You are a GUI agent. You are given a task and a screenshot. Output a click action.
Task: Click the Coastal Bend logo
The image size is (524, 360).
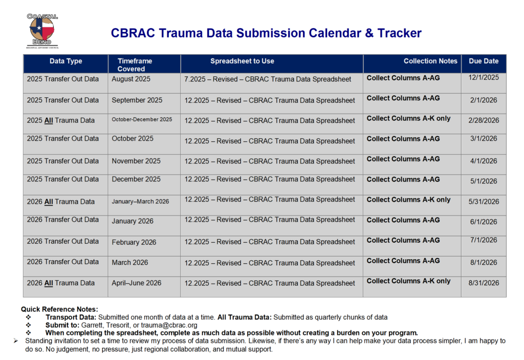42,31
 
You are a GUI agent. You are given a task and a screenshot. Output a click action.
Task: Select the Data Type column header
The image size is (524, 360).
65,61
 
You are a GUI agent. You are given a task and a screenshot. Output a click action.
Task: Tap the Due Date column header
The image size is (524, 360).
483,61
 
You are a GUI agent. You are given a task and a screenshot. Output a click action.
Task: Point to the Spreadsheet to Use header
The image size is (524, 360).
242,61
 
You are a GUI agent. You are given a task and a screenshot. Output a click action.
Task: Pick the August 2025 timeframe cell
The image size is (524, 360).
131,79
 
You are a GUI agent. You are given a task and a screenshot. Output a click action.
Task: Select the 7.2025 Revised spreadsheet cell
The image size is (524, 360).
268,79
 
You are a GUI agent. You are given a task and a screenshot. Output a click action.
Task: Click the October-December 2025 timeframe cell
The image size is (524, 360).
142,120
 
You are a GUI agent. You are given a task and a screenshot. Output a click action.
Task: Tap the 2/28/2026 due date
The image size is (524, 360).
483,120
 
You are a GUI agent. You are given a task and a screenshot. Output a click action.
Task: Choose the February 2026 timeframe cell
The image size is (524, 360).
134,242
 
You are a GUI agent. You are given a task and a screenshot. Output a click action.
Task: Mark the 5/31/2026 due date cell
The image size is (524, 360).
483,201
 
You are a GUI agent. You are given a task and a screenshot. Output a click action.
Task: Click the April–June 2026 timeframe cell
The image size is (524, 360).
137,283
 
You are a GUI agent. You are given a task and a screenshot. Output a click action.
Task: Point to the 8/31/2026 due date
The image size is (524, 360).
483,283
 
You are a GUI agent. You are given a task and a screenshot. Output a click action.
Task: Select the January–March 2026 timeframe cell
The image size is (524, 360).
140,201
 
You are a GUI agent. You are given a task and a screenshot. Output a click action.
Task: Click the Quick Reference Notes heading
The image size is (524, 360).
59,309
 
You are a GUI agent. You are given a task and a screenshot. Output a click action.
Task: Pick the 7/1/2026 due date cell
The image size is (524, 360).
483,240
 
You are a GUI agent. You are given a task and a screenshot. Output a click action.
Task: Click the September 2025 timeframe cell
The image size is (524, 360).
137,100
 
